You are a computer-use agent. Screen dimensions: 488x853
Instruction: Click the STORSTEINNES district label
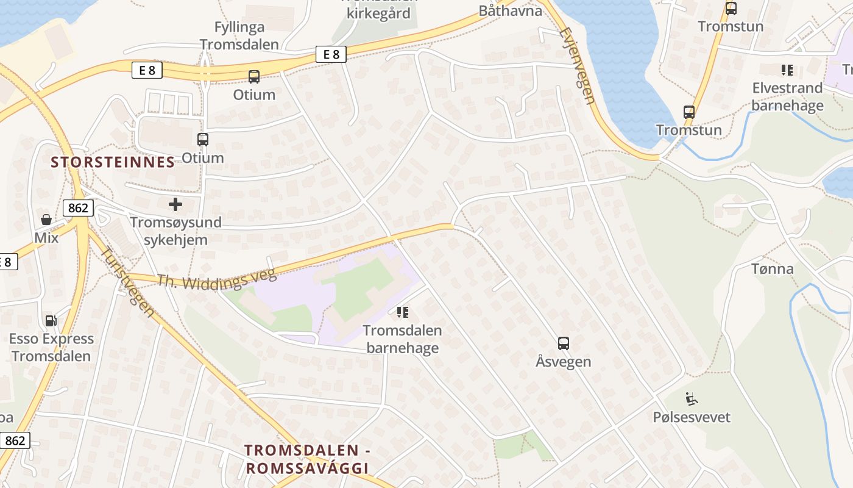click(x=113, y=162)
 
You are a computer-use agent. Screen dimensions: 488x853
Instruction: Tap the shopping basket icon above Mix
click(x=46, y=219)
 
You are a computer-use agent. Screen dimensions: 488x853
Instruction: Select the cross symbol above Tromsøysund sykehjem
click(x=175, y=204)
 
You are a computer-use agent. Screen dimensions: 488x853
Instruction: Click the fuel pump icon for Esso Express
click(x=51, y=320)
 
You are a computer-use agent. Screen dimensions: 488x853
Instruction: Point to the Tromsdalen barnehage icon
click(x=402, y=312)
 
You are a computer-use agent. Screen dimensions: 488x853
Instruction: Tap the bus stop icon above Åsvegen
click(x=564, y=343)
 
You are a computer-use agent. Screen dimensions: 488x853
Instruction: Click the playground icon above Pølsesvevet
click(x=692, y=399)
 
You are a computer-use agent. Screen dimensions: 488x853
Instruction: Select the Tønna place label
click(x=772, y=268)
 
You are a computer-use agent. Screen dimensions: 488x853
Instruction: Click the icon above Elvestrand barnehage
click(x=787, y=70)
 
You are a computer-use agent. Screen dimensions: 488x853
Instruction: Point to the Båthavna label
click(x=510, y=10)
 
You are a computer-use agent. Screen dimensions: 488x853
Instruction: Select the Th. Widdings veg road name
click(x=216, y=279)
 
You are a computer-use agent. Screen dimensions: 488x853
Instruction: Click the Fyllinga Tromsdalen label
click(x=239, y=35)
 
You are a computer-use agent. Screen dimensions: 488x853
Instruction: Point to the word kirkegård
click(x=378, y=13)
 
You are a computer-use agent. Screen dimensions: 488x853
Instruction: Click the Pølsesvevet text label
click(x=692, y=417)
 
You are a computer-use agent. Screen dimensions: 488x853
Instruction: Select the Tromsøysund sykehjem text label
click(x=175, y=231)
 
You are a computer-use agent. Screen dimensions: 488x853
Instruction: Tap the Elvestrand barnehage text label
click(x=787, y=96)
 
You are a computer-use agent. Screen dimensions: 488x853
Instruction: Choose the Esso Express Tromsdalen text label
click(x=51, y=347)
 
